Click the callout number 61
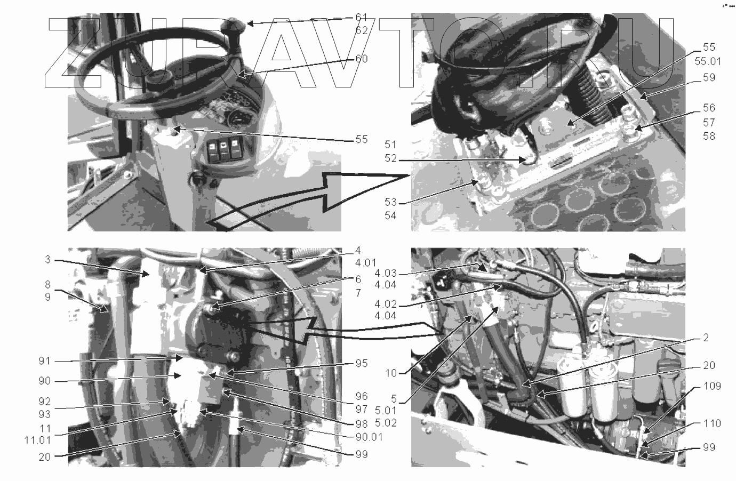(362, 17)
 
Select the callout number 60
(362, 59)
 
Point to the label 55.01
(708, 61)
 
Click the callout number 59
(709, 77)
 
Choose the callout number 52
(391, 158)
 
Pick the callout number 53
(391, 202)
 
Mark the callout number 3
(48, 260)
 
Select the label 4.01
(366, 263)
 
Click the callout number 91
(44, 361)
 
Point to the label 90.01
(369, 437)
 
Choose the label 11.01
(37, 440)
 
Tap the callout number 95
(362, 363)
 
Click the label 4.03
(386, 273)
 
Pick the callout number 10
(391, 373)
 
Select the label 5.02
(386, 422)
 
